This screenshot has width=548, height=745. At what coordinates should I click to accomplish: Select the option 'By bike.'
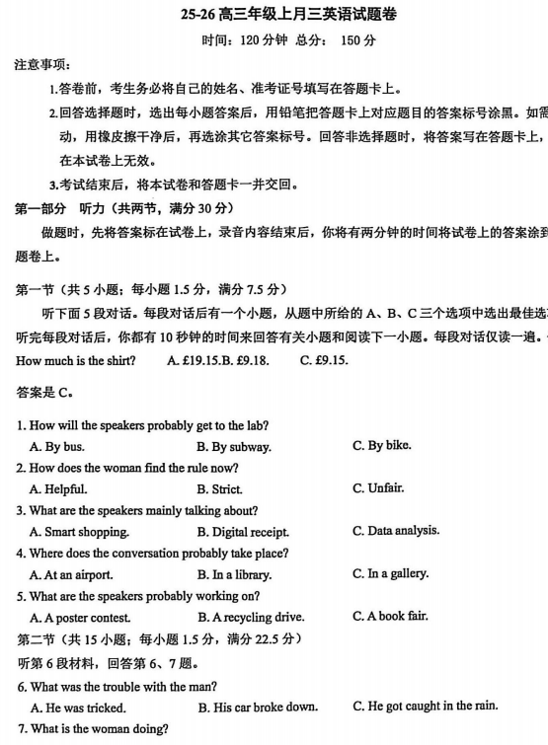pyautogui.click(x=381, y=445)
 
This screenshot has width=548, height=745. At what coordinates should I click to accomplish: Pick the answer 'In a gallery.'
pyautogui.click(x=390, y=573)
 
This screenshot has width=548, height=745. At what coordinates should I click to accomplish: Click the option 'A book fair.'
pyautogui.click(x=390, y=617)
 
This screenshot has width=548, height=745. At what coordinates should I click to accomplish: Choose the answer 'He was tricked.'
pyautogui.click(x=78, y=707)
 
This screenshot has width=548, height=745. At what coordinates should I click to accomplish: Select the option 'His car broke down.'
pyautogui.click(x=258, y=707)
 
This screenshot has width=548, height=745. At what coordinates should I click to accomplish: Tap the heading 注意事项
pyautogui.click(x=41, y=65)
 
